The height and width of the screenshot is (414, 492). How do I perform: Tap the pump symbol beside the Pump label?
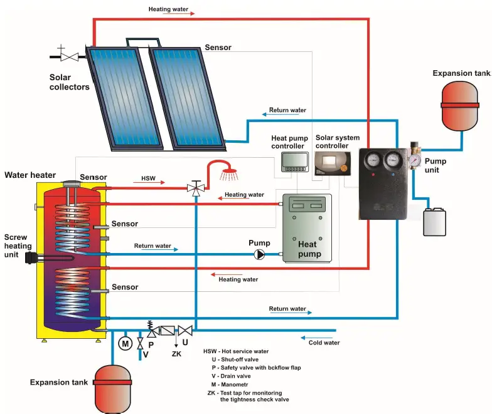click(x=260, y=254)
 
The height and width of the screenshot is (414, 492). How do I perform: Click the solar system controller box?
click(x=332, y=163)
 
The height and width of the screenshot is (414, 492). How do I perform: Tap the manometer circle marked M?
click(x=124, y=343)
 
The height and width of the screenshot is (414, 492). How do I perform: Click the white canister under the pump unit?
click(x=434, y=222)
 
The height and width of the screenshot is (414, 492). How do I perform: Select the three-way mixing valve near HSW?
click(x=195, y=188)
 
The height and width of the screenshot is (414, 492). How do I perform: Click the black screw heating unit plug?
click(x=29, y=257)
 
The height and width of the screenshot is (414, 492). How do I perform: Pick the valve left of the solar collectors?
click(x=70, y=56)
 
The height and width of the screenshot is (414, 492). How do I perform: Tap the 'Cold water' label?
click(x=324, y=343)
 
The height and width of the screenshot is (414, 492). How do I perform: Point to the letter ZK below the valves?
click(x=177, y=354)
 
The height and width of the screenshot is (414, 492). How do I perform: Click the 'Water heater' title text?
click(x=30, y=175)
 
